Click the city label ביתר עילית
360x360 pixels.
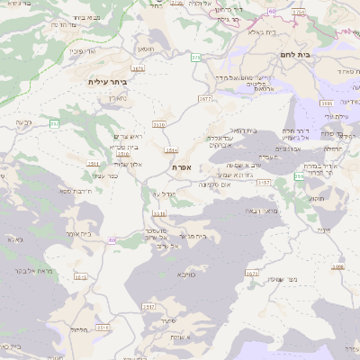tap(107, 82)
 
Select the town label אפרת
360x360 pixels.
tap(181, 166)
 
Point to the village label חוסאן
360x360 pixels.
tap(145, 49)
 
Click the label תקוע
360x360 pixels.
tap(316, 198)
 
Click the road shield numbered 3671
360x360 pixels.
tap(137, 67)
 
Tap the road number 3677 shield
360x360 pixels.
tap(206, 98)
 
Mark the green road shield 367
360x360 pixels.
tap(55, 122)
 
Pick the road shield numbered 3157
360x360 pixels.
tap(264, 182)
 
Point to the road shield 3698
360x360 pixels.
tap(338, 266)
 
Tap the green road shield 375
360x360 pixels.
tap(195, 58)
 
